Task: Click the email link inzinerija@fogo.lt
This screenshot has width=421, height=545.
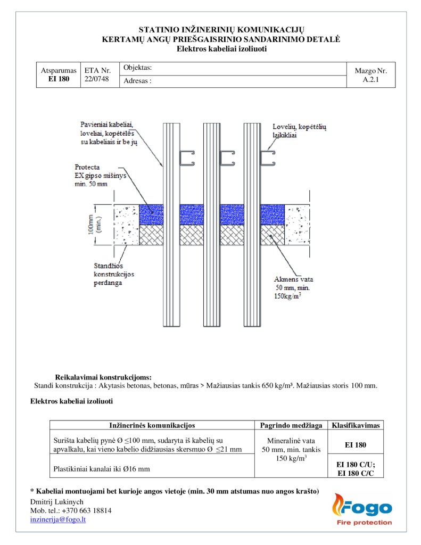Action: tap(58, 519)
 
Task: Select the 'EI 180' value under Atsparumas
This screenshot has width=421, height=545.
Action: tap(59, 79)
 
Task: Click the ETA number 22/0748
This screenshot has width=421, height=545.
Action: tap(97, 79)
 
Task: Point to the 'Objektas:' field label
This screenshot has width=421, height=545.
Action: tap(137, 68)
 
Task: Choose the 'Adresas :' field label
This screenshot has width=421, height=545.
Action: tap(137, 81)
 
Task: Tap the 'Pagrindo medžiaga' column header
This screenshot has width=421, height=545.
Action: tap(291, 425)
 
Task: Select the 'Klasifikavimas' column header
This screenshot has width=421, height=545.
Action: tap(356, 425)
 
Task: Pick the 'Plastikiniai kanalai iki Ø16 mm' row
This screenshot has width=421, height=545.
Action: tap(102, 469)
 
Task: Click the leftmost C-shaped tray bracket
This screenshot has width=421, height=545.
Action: tap(187, 158)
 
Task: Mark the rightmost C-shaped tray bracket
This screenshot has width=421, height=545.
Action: tap(268, 158)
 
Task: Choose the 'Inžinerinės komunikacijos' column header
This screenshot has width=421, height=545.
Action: tap(152, 425)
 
